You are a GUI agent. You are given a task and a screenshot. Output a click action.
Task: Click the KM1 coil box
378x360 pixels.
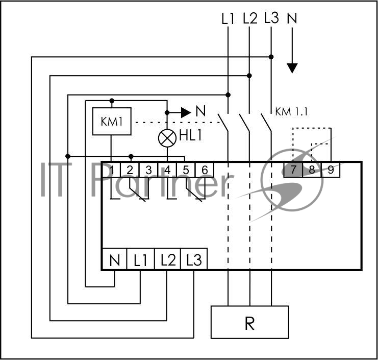[112, 121]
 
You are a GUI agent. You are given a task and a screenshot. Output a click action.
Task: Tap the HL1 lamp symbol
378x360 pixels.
[167, 138]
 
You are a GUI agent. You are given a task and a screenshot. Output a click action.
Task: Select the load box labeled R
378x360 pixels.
[250, 322]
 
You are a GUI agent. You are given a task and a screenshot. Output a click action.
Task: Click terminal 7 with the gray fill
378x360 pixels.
[293, 170]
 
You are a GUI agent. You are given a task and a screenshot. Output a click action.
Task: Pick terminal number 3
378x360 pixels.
[148, 170]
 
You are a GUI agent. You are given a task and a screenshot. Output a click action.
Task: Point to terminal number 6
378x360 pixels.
[205, 170]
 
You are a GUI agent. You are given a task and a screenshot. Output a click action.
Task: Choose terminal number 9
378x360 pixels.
[331, 170]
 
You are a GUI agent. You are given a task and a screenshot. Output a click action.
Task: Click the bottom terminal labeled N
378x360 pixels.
[114, 260]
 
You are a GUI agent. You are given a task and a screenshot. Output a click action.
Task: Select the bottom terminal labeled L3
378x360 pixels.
[194, 260]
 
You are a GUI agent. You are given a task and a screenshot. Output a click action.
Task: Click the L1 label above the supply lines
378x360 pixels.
[228, 18]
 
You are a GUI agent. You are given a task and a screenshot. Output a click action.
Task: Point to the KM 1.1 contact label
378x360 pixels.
[291, 112]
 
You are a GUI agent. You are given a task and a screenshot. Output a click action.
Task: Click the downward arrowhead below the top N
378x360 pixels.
[292, 68]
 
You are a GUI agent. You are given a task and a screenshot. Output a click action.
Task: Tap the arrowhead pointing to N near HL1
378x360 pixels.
[186, 112]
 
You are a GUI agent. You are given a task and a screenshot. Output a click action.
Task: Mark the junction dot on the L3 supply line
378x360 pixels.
[271, 57]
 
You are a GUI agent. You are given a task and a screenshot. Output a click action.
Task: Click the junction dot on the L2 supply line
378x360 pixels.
[249, 76]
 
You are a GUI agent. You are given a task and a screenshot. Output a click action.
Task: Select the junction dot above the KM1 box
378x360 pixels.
[112, 101]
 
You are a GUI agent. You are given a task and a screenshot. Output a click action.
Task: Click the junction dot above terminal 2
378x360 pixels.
[131, 156]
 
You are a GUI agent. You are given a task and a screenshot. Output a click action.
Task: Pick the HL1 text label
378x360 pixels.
[191, 135]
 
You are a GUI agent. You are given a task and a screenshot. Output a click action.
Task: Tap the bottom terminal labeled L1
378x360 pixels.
[140, 260]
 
